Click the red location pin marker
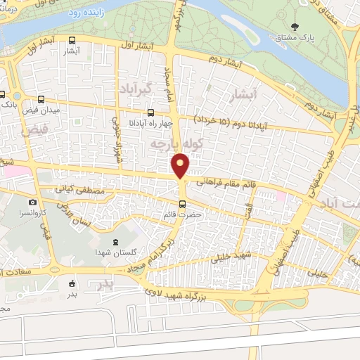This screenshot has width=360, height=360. tap(181, 165)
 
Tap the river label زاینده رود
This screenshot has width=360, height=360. tap(89, 12)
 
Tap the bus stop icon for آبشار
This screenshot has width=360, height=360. tap(72, 41)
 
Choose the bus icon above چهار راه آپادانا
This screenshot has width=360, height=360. tap(150, 111)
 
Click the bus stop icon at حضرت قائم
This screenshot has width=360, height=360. tap(183, 205)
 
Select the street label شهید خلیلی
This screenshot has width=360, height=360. tap(235, 258)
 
